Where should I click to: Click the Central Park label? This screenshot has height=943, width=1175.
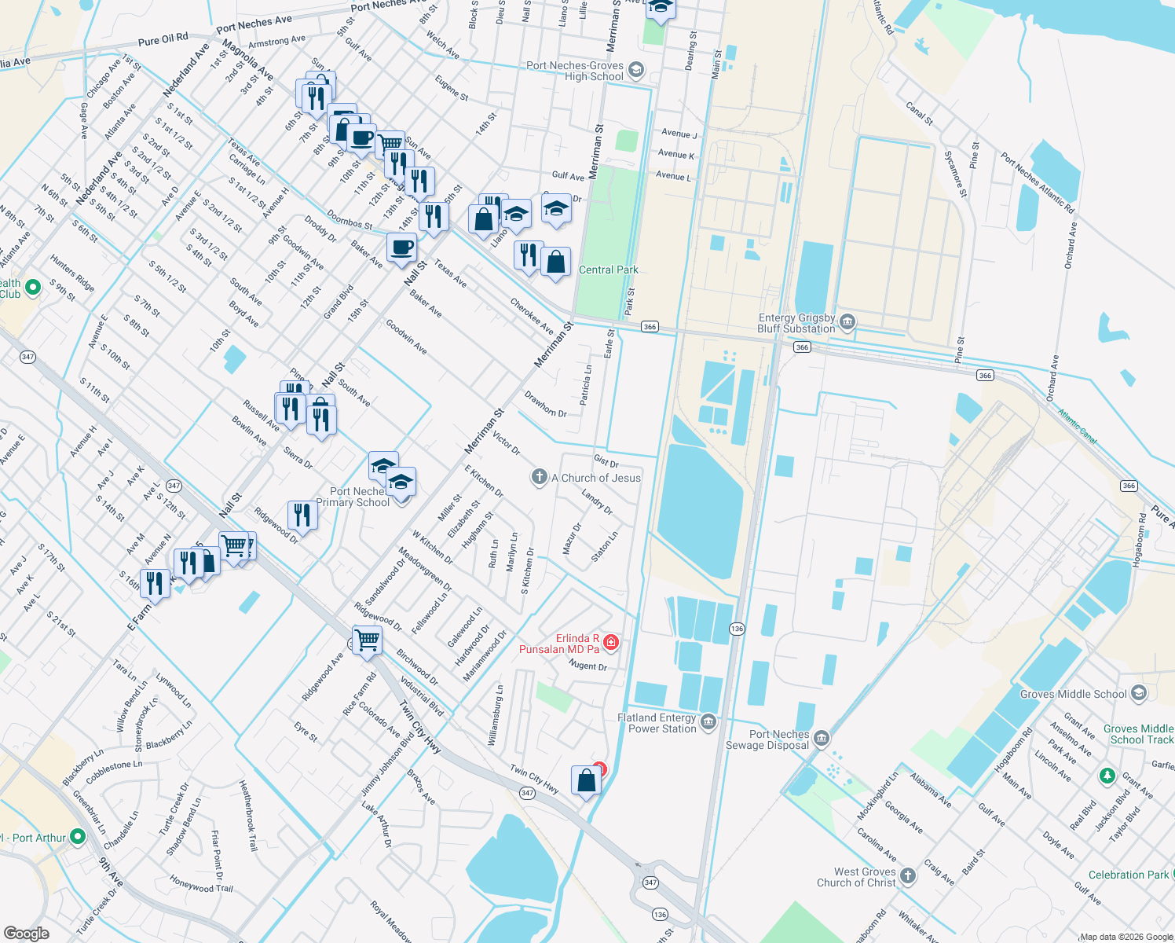pos(608,270)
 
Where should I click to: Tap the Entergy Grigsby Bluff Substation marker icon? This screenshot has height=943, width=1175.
pos(847,321)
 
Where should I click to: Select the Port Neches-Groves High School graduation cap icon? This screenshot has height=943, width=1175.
pos(635,71)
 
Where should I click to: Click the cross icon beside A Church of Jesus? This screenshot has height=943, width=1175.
pos(539,477)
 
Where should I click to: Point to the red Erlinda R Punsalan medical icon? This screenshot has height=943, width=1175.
pos(610,643)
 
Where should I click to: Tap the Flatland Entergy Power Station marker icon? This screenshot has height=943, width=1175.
pos(708,722)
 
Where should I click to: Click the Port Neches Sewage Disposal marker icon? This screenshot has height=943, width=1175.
pos(821,738)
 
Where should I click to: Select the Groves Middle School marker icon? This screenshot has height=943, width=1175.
pos(1139,694)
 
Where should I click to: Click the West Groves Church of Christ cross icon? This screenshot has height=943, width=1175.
pos(908,876)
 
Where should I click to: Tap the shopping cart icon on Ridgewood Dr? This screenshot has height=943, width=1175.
pos(367,639)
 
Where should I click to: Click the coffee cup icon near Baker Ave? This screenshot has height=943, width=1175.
pos(401,248)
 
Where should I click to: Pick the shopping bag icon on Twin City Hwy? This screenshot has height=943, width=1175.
pos(587,780)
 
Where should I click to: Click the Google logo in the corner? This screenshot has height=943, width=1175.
pos(26,934)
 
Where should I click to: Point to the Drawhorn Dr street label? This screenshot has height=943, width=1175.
pos(545,405)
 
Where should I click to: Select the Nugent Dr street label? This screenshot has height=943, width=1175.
pos(587,666)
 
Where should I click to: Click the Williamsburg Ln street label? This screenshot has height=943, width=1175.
pos(496,715)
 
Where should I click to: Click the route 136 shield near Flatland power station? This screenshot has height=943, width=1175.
pos(737,629)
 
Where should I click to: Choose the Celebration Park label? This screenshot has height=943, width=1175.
pos(1128,875)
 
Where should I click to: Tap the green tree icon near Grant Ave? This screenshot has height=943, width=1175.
pos(1107,776)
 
